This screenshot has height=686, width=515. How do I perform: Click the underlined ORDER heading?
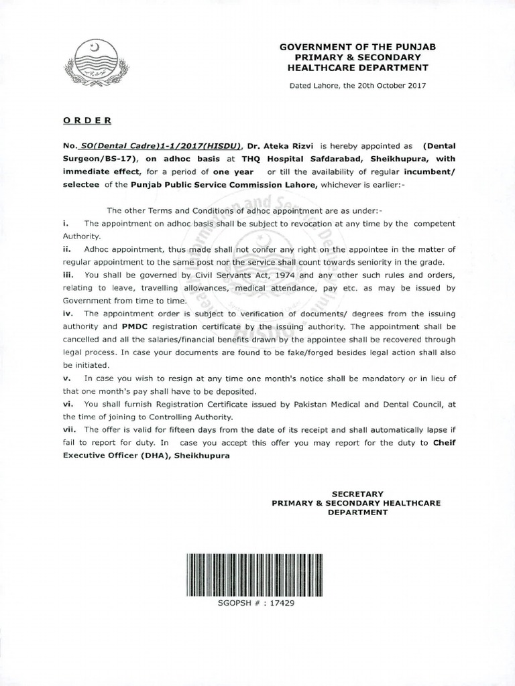click(87, 120)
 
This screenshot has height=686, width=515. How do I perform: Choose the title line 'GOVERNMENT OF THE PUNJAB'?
click(357, 48)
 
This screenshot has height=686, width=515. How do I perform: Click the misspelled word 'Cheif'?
click(444, 442)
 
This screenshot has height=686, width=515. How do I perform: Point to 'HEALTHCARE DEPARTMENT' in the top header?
click(357, 68)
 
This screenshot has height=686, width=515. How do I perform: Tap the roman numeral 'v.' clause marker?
click(68, 378)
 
